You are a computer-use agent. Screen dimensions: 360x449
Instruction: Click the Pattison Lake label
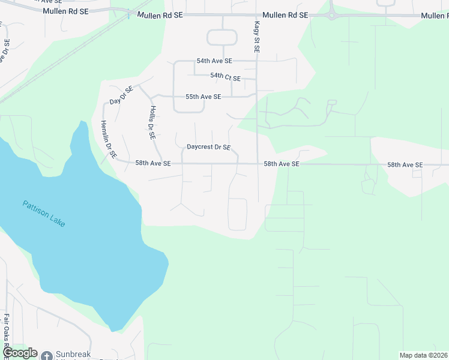pos(44,214)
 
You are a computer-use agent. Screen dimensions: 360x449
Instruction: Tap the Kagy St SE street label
pos(256,37)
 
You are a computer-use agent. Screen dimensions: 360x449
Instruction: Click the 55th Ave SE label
pos(203,97)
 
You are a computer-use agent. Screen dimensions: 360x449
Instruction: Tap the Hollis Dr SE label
pos(152,122)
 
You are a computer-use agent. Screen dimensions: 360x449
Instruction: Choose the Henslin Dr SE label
pos(107,139)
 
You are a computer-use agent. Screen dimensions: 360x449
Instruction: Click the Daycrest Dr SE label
pos(208,147)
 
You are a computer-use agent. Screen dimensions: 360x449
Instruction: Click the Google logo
pos(19,353)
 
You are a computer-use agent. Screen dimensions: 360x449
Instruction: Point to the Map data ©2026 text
pos(423,355)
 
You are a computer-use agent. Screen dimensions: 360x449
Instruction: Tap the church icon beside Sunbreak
pos(47,355)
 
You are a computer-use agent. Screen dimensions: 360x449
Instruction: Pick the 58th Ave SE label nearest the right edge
pos(405,164)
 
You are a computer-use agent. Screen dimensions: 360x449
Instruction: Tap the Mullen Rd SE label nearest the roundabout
pos(285,15)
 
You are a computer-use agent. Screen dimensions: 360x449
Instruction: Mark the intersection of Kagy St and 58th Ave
pos(258,163)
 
